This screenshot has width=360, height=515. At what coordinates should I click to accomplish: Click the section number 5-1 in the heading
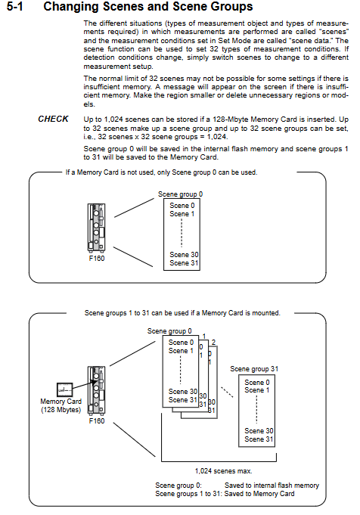pos(15,7)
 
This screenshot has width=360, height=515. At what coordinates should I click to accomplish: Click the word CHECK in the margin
pos(53,119)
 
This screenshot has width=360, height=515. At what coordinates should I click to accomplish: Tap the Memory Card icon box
pos(65,389)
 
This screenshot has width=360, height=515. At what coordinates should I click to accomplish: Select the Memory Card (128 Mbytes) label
pos(61,405)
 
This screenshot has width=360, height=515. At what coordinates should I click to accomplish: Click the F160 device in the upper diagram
pos(97,228)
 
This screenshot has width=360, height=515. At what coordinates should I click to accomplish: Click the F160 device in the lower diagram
pos(97,390)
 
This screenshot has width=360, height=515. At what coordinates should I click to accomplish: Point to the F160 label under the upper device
pos(97,259)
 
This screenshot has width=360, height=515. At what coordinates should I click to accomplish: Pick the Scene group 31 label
pos(254,369)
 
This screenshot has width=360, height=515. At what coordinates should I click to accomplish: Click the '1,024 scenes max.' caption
pos(224,471)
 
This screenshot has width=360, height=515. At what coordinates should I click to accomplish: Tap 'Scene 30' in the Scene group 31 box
pos(259,431)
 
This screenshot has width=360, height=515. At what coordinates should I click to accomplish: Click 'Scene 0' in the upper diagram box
pos(182,206)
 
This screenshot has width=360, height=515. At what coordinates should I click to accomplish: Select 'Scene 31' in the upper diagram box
pos(184,263)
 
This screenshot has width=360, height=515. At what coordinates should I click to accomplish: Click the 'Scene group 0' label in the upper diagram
pos(180,194)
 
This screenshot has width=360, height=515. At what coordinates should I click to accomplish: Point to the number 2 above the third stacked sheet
pos(213,343)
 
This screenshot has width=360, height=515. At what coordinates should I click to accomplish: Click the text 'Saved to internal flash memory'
pos(272,486)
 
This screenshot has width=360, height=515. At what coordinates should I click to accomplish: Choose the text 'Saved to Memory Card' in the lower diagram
pos(259,494)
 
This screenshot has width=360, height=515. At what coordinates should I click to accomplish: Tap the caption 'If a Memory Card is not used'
pos(109,172)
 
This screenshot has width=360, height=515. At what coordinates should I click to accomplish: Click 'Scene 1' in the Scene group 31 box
pos(257,390)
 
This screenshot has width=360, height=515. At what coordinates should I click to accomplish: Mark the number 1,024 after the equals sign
pos(217,137)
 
